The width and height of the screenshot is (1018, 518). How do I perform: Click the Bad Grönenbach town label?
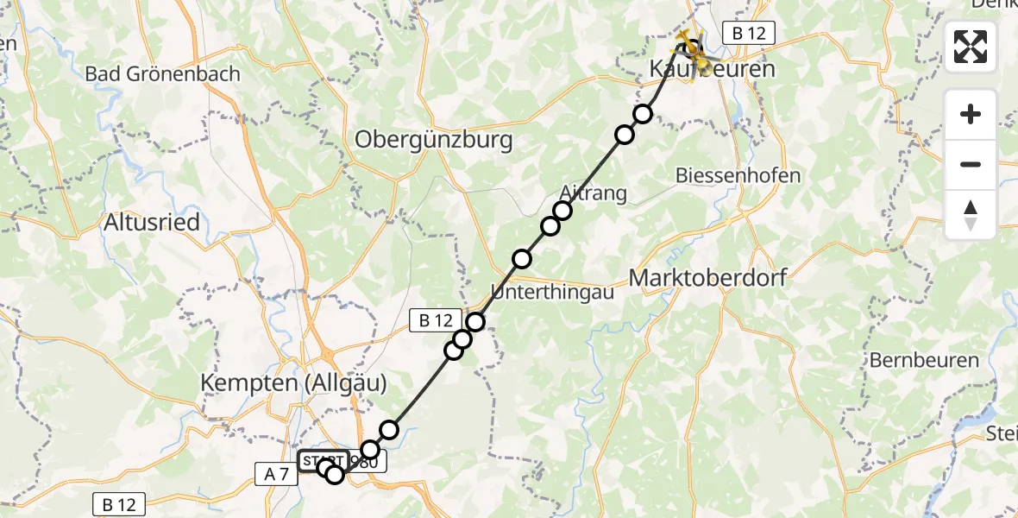pos(162,73)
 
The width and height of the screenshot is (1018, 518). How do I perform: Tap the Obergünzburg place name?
pos(434,139)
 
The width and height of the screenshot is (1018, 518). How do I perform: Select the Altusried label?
pos(152,223)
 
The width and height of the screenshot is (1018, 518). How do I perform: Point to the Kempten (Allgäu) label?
pos(294,382)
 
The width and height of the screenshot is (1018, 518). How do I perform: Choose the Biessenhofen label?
pos(738,175)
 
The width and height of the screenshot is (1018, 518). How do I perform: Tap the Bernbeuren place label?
pos(925,360)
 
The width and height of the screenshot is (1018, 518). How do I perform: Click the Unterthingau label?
pos(552,292)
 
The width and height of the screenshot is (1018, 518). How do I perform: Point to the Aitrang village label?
pos(594,192)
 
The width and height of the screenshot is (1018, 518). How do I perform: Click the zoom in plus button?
pos(971,114)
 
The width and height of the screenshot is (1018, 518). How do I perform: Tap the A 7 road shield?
pos(275,472)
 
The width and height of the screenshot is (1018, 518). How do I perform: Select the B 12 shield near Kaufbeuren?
pos(749,34)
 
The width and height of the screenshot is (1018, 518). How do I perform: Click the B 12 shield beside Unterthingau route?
pos(436,320)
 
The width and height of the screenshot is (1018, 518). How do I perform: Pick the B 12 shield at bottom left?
pos(119,504)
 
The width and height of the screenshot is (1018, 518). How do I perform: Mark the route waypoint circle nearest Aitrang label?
pos(562,211)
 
